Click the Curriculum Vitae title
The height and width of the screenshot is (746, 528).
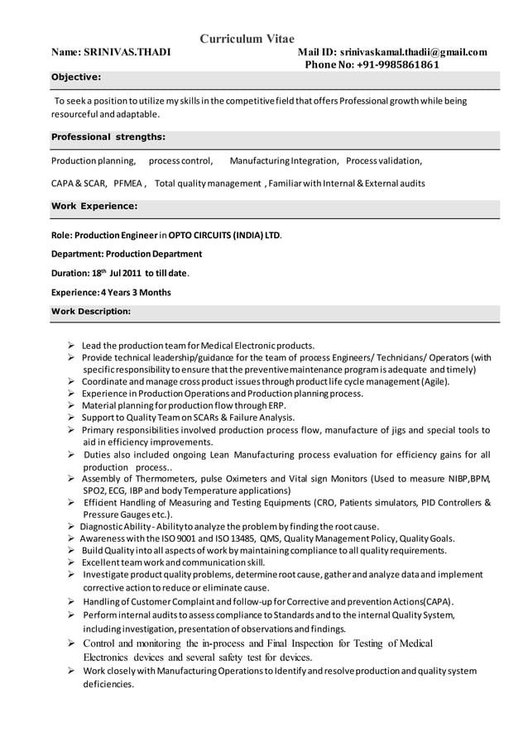pos(252,38)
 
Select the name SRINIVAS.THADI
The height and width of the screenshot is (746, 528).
pos(129,52)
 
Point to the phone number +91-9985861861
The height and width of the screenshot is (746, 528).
pos(398,65)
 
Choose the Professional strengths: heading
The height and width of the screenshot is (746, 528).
pos(108,136)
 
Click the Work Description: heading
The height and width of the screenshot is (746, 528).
pos(91,311)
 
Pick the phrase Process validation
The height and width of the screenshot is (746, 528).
pos(384,160)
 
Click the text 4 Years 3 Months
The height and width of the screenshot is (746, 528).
pos(135,292)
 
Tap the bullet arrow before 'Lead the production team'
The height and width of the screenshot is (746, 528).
pos(72,346)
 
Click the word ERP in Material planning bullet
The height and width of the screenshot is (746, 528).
pos(276,406)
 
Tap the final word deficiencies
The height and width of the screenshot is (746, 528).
pos(108,685)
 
